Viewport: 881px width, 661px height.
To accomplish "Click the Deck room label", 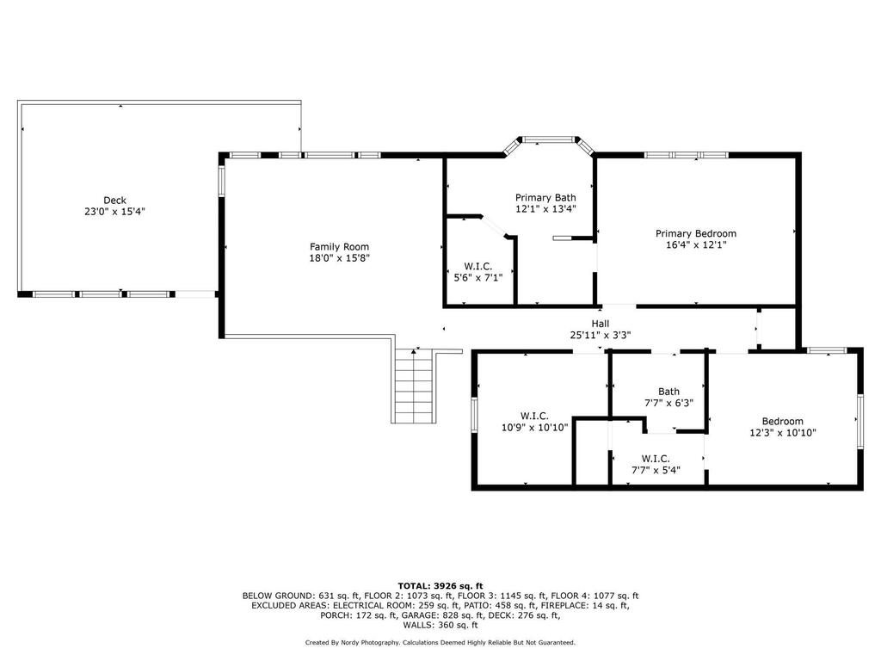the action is pos(114,200).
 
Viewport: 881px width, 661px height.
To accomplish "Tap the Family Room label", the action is pos(339,247).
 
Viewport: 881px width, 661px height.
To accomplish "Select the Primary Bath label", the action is pos(545,198).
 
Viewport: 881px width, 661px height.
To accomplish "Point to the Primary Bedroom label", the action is pos(695,234).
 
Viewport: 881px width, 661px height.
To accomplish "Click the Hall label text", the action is pos(600,324).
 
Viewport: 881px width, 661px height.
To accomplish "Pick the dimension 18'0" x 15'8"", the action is pos(339,258).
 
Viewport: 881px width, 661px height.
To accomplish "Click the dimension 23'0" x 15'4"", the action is pos(114,212).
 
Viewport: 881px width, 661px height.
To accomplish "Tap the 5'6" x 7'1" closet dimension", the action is pos(478,277).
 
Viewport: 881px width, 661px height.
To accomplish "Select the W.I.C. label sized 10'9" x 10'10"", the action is pos(534,416).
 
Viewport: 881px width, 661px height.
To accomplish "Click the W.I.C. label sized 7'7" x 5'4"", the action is pos(656,459).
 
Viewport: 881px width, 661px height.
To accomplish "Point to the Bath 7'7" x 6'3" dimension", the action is pos(668,403).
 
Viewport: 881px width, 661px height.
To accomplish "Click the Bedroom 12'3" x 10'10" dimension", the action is pos(783,433).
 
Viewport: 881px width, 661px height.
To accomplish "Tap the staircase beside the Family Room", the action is pos(414,386).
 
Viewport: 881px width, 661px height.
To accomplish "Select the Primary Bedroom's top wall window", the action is pos(686,155).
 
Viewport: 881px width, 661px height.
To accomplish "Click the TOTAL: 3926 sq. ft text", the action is pos(440,585).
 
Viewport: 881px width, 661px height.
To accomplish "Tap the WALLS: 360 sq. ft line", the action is pos(440,625).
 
